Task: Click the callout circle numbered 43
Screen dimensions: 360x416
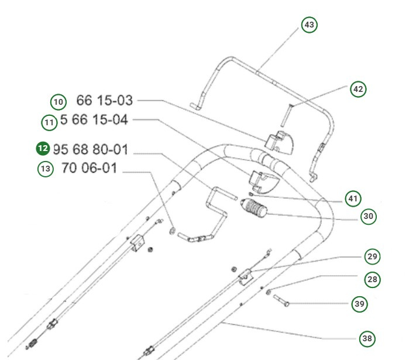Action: [x=310, y=25]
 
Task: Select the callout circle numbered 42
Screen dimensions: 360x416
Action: [x=358, y=90]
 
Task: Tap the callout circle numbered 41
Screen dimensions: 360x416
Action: [x=352, y=199]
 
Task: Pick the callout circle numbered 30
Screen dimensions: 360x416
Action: [x=368, y=217]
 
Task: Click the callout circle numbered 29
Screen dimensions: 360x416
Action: [x=372, y=256]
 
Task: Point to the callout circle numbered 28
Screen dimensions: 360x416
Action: [x=372, y=279]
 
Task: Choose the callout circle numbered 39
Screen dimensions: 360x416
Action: [x=359, y=304]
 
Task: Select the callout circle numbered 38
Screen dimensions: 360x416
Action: [x=367, y=338]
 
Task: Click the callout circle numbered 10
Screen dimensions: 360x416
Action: [x=58, y=102]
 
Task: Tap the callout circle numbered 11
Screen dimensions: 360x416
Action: [x=49, y=123]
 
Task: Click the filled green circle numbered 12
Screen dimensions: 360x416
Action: [x=43, y=149]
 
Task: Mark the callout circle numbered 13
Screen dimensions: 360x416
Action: [x=45, y=170]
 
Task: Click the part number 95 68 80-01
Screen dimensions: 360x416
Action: [x=90, y=149]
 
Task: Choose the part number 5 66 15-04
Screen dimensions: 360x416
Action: [x=94, y=121]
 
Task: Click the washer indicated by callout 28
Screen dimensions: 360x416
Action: [x=268, y=291]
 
